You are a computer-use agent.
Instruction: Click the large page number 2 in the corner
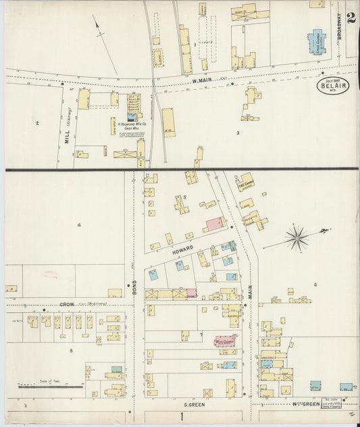(x=351, y=17)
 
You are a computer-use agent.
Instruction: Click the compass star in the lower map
(x=296, y=238)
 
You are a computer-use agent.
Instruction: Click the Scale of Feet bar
(x=51, y=386)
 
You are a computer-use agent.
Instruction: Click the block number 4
(x=79, y=224)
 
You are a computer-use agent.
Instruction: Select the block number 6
(x=315, y=284)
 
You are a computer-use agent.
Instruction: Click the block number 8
(x=70, y=350)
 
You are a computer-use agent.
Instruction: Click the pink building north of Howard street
(x=215, y=224)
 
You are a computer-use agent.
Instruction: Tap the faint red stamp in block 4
(x=51, y=275)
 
